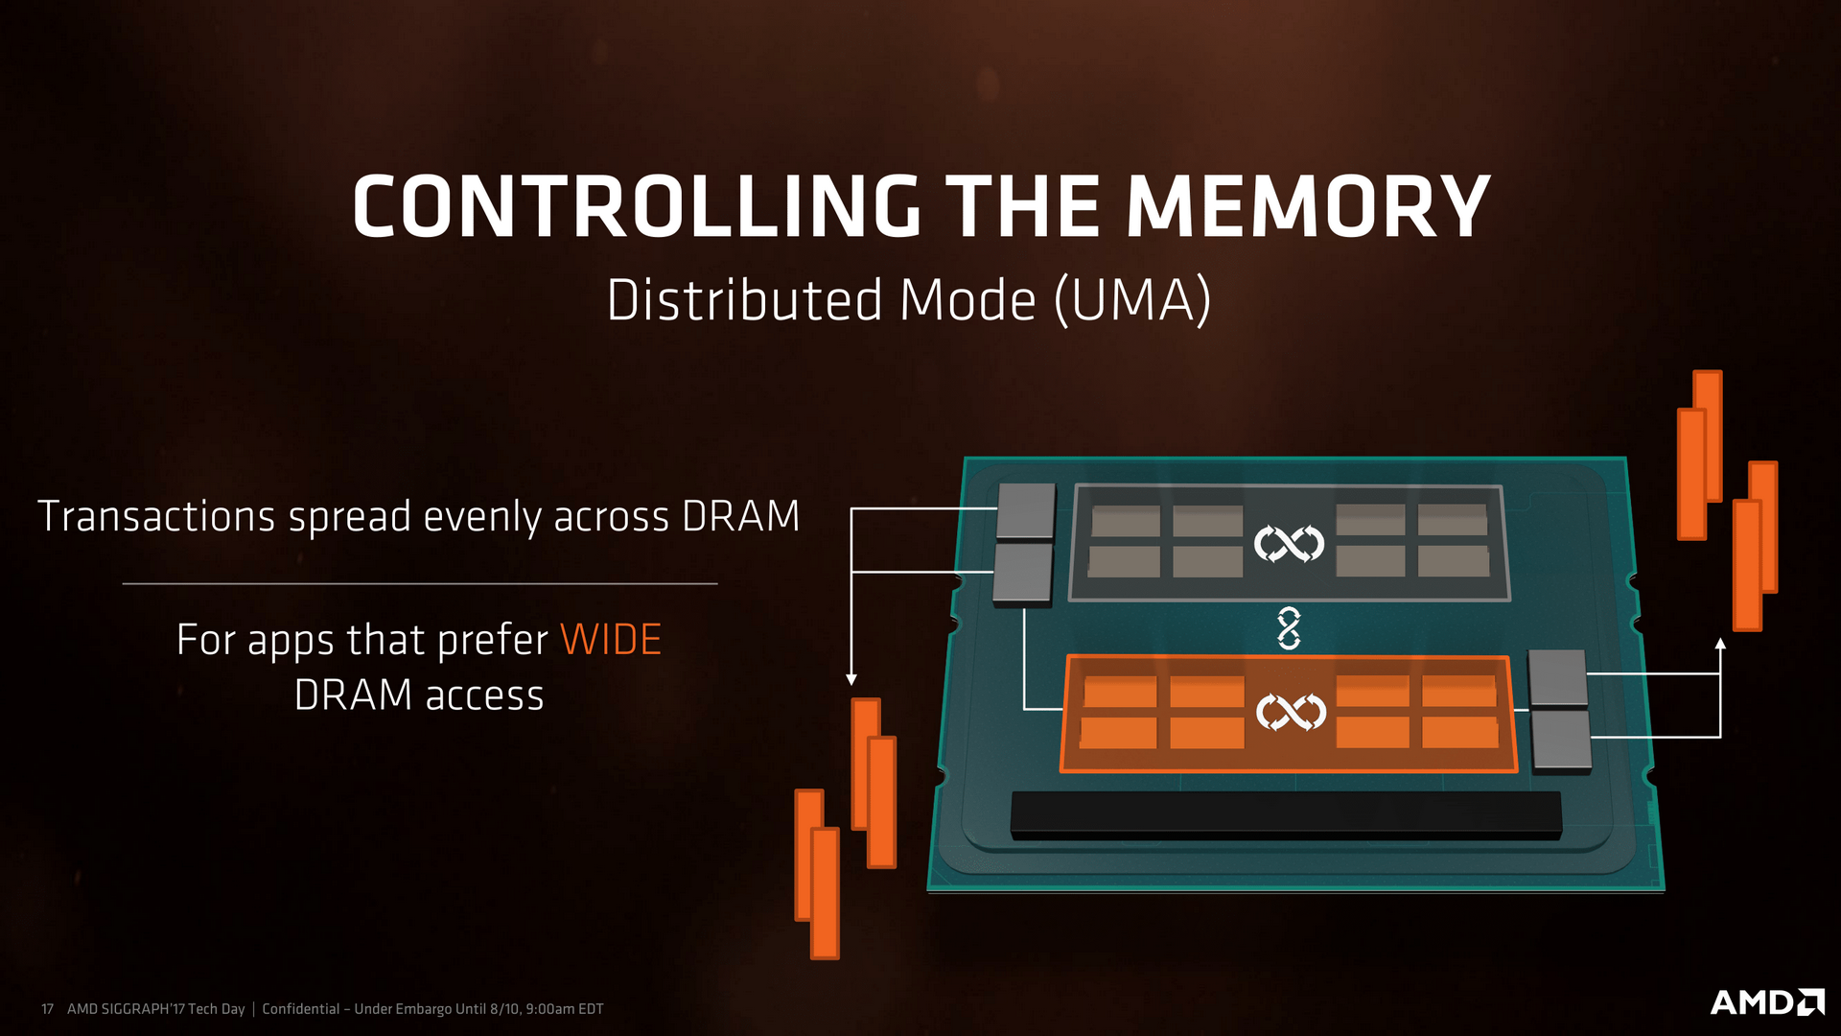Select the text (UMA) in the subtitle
1133,300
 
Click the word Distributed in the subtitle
745,300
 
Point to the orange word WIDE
611,640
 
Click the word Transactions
156,516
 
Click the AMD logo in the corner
1766,1002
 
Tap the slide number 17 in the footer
47,1009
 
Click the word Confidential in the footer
301,1009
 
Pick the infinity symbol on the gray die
1289,544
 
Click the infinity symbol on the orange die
1291,712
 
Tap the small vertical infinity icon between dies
1289,628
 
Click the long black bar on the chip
1285,814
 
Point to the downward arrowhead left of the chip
851,679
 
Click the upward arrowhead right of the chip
1720,644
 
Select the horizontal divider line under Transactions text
420,583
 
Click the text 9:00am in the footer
550,1009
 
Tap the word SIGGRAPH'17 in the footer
143,1009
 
